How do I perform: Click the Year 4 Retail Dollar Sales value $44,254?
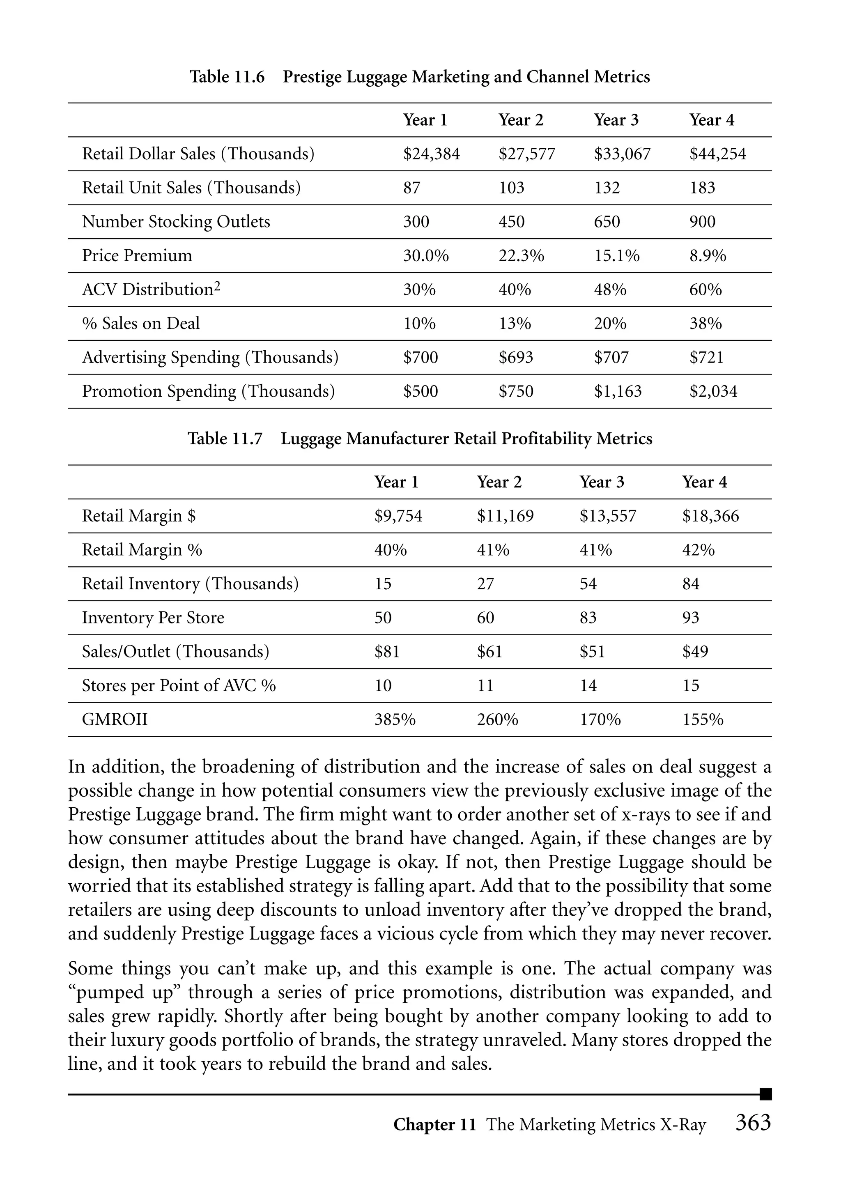coord(717,154)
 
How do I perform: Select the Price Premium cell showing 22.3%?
coord(521,256)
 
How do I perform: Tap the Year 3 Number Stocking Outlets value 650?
coord(607,222)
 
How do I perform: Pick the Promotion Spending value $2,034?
coord(713,391)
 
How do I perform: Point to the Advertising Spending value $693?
coord(516,357)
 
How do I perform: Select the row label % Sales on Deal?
coord(140,324)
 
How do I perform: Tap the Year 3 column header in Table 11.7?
coord(602,482)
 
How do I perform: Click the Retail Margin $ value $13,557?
coord(607,516)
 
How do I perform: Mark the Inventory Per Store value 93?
coord(690,618)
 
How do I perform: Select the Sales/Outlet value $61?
coord(489,652)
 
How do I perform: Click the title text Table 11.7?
coord(225,439)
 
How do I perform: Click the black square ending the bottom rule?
coord(765,1094)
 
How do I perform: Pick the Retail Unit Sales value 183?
coord(702,188)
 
